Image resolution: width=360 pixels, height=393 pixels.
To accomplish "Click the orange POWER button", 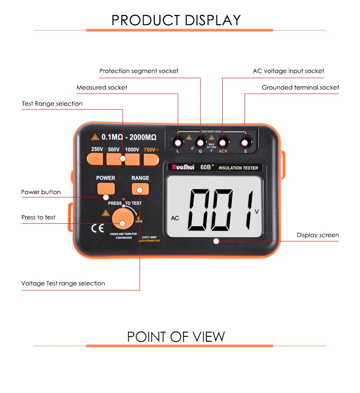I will pyautogui.click(x=105, y=188).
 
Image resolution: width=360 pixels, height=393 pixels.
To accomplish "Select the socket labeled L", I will pyautogui.click(x=178, y=143).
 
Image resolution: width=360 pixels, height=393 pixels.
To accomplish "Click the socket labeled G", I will pyautogui.click(x=200, y=143).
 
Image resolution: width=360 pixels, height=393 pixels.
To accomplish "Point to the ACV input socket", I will pyautogui.click(x=223, y=143).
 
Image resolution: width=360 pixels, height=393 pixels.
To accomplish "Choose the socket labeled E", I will pyautogui.click(x=245, y=143).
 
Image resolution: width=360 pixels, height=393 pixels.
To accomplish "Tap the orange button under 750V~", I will pyautogui.click(x=151, y=159).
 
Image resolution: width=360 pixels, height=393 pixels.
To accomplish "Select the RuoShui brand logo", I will pyautogui.click(x=182, y=168).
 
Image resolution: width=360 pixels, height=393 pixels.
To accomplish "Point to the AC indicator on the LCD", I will pyautogui.click(x=175, y=218).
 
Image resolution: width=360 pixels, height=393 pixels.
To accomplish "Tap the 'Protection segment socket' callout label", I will pyautogui.click(x=139, y=71).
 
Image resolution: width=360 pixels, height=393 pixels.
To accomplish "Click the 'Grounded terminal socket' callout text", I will pyautogui.click(x=300, y=87).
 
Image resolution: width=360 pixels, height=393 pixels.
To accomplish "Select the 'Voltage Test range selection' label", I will pyautogui.click(x=63, y=283).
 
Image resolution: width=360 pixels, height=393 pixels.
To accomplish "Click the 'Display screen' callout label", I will pyautogui.click(x=318, y=235).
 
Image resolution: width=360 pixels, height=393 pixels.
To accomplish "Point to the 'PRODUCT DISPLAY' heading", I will pyautogui.click(x=176, y=20).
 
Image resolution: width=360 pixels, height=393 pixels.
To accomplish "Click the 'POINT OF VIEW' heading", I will pyautogui.click(x=176, y=337).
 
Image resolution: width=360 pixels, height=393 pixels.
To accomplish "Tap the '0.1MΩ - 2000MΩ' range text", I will pyautogui.click(x=129, y=137).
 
